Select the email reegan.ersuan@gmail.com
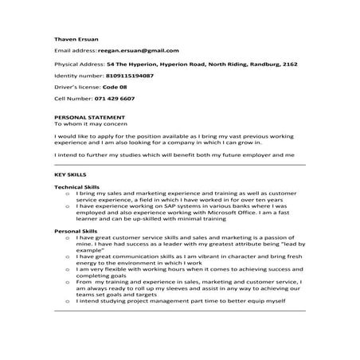coord(138,49)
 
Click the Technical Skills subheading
coord(77,186)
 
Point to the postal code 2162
coord(290,62)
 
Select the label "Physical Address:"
coord(79,62)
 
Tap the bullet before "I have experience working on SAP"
coord(67,205)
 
